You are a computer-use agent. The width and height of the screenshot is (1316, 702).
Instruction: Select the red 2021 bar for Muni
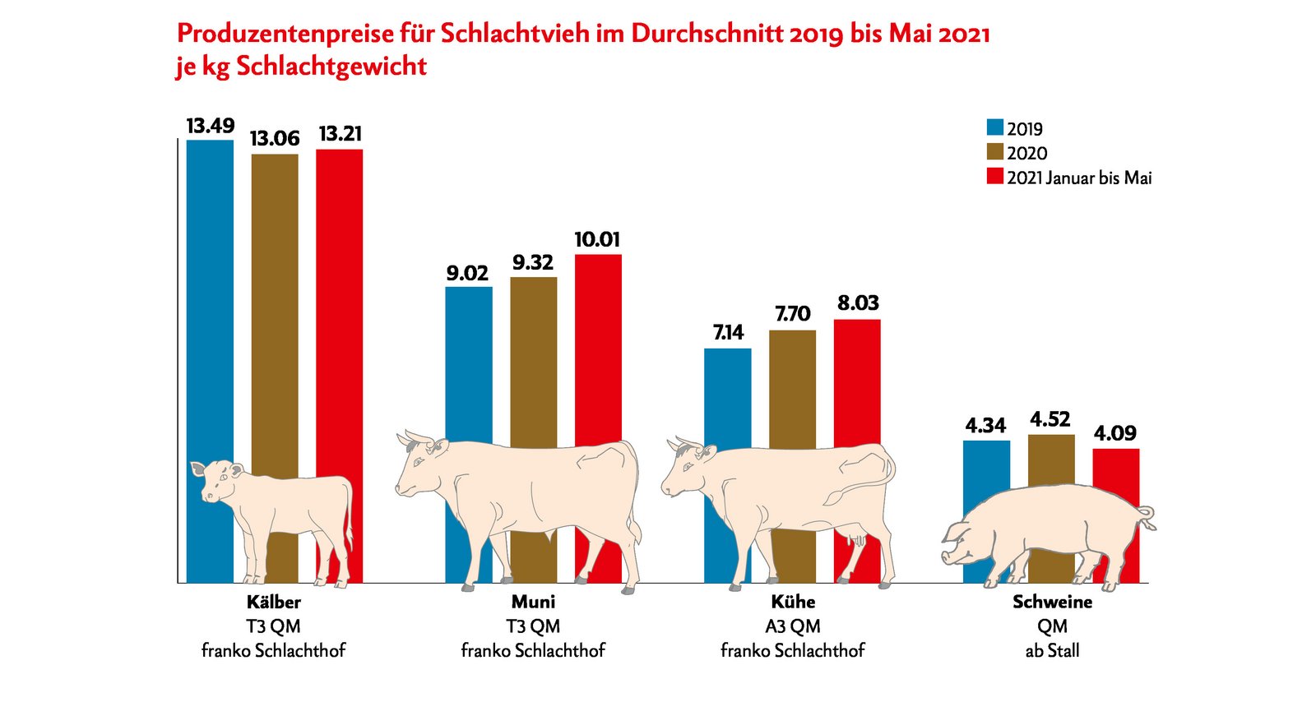tap(598, 345)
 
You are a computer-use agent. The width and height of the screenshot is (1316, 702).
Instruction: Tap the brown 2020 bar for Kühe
tap(792, 386)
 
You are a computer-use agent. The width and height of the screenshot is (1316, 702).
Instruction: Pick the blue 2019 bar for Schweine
tap(986, 477)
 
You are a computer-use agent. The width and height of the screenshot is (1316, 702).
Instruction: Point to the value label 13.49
tap(210, 126)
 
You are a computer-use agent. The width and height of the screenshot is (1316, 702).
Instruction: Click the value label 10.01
tap(597, 239)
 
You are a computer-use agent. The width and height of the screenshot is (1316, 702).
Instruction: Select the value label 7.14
tap(728, 332)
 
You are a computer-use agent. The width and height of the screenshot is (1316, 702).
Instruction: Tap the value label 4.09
tap(1115, 433)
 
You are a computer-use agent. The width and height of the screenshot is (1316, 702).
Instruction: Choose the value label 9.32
tap(533, 262)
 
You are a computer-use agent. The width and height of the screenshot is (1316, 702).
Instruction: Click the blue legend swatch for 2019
tap(995, 127)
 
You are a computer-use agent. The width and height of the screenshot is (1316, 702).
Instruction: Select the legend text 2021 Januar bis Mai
tap(1079, 178)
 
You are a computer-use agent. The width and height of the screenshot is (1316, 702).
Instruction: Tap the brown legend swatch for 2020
tap(995, 152)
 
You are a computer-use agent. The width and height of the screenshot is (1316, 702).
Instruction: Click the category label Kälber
tap(273, 602)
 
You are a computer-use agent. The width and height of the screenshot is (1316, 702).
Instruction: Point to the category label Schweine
tap(1052, 602)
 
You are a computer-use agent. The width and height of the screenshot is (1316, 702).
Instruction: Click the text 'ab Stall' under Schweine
tap(1052, 651)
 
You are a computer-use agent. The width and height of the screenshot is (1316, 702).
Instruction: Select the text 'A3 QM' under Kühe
tap(792, 626)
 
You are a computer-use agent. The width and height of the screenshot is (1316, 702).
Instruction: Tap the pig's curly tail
tap(1147, 517)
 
